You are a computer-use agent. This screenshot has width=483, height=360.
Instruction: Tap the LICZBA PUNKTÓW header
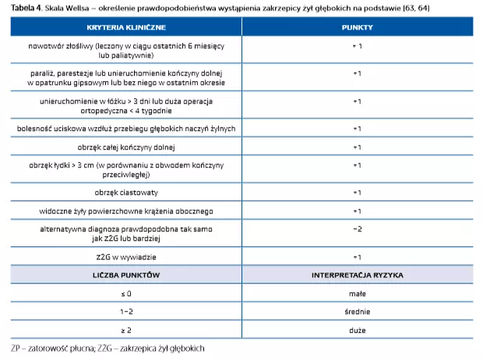coord(126,277)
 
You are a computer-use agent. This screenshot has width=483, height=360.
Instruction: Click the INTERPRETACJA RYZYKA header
coord(358,277)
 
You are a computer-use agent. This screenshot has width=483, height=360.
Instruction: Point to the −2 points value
coord(358,229)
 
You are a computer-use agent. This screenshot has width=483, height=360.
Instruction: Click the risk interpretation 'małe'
coord(358,295)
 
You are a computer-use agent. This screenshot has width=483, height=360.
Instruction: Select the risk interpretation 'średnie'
coord(358,312)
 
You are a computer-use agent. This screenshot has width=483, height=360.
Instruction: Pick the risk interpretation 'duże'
coord(358,330)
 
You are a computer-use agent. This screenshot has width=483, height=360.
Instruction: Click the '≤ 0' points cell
coord(126,295)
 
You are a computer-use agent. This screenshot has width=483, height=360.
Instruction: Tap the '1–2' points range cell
coord(126,312)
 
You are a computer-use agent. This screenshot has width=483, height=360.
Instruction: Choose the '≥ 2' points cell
coord(126,330)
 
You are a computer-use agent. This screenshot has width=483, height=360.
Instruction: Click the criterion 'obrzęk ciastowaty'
coord(126,192)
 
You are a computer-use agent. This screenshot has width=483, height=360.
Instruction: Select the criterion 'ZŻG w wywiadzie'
coord(126,256)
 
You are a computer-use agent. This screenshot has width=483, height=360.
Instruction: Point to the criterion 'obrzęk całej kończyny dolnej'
coord(126,147)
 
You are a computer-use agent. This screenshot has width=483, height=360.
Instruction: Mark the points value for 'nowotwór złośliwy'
coord(358,47)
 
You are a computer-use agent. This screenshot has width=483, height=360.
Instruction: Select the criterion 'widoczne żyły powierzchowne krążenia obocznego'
coord(126,211)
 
